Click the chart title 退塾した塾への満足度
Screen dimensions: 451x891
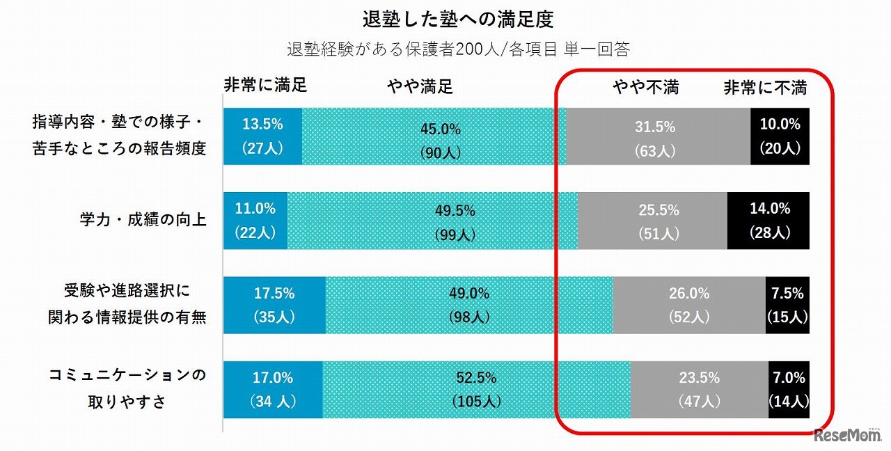tap(457, 19)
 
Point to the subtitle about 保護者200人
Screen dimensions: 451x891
tap(458, 50)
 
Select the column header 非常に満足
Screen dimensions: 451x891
tap(265, 86)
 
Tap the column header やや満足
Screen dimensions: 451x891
tap(420, 86)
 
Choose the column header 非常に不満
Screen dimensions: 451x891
tap(765, 87)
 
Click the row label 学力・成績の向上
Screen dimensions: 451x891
tap(142, 221)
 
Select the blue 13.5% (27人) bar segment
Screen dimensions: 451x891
tap(262, 136)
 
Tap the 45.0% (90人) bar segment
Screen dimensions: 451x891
tap(434, 136)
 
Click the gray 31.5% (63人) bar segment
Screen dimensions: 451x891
tap(658, 136)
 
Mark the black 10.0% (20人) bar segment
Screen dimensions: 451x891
tap(780, 136)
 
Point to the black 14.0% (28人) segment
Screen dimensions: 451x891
tap(768, 221)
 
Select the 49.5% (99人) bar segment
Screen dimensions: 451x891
tap(432, 221)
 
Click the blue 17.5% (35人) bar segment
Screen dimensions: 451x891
tap(274, 305)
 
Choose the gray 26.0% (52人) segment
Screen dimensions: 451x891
tap(688, 305)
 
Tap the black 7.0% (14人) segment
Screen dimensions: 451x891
tap(789, 390)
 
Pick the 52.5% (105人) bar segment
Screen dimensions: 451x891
tap(476, 390)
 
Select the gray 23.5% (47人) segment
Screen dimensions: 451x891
tap(699, 390)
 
